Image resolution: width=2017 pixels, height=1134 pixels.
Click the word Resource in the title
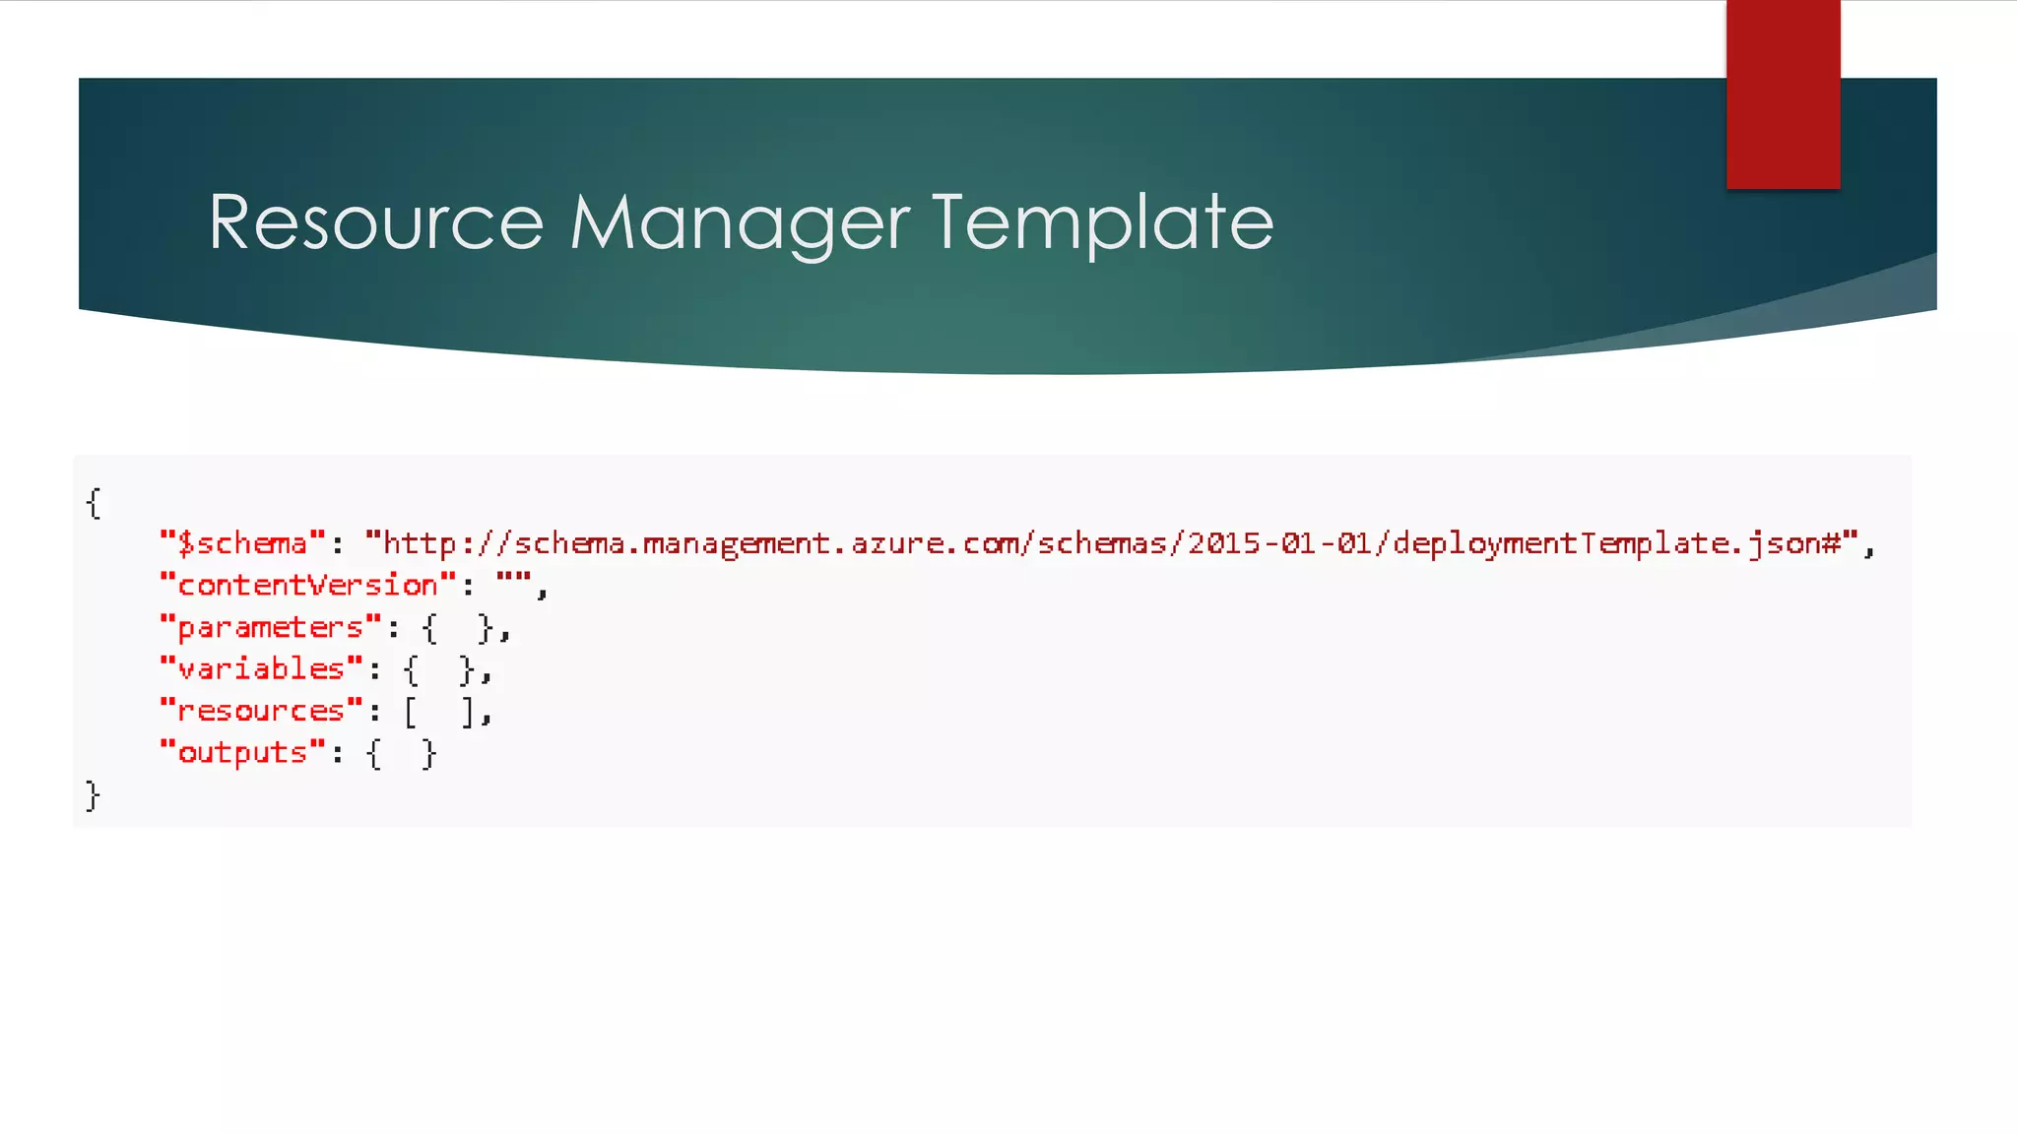pyautogui.click(x=375, y=222)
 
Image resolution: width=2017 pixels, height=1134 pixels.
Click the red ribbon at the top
pyautogui.click(x=1783, y=94)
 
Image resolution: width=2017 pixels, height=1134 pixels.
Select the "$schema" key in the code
pyautogui.click(x=242, y=543)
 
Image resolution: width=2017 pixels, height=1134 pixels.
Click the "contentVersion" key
pyautogui.click(x=307, y=586)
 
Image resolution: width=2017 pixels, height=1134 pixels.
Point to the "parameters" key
pyautogui.click(x=270, y=628)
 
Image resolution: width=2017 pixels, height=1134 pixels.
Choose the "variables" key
pyautogui.click(x=261, y=669)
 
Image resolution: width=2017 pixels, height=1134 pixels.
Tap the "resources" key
pyautogui.click(x=261, y=711)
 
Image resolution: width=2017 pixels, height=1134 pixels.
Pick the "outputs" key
pyautogui.click(x=242, y=753)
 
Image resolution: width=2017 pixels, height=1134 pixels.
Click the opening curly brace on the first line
pyautogui.click(x=94, y=503)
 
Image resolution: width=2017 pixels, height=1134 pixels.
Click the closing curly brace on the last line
pyautogui.click(x=93, y=794)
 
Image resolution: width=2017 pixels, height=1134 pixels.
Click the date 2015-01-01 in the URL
pyautogui.click(x=1279, y=543)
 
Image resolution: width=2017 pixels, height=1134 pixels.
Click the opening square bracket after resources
pyautogui.click(x=411, y=711)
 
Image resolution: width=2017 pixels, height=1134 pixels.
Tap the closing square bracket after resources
pyautogui.click(x=468, y=711)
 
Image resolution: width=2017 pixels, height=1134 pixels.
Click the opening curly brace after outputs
pyautogui.click(x=373, y=753)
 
